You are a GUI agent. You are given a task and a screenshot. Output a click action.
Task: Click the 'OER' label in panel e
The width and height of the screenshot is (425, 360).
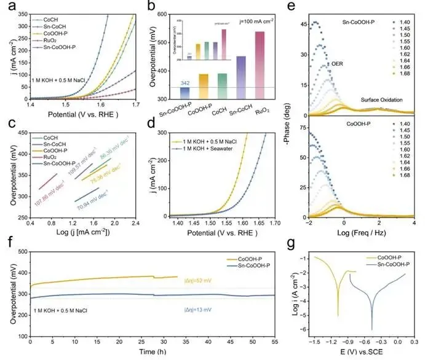[337, 64]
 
